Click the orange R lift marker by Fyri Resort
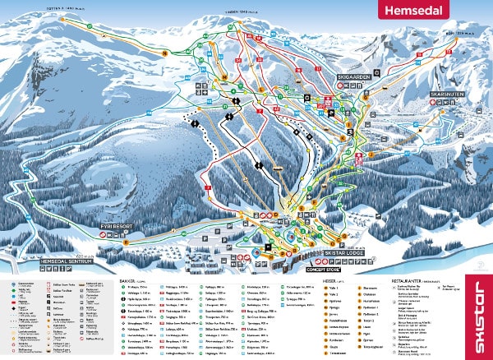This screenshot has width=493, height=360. (x=126, y=243)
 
